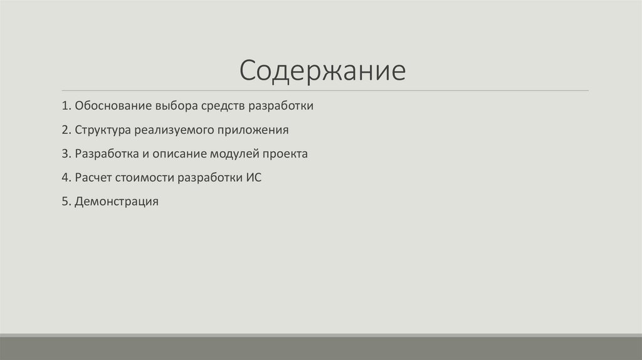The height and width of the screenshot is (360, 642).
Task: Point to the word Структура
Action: tap(102, 130)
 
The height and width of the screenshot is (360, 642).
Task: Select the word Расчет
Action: tap(93, 178)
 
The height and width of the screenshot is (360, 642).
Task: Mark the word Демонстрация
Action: tap(116, 202)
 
